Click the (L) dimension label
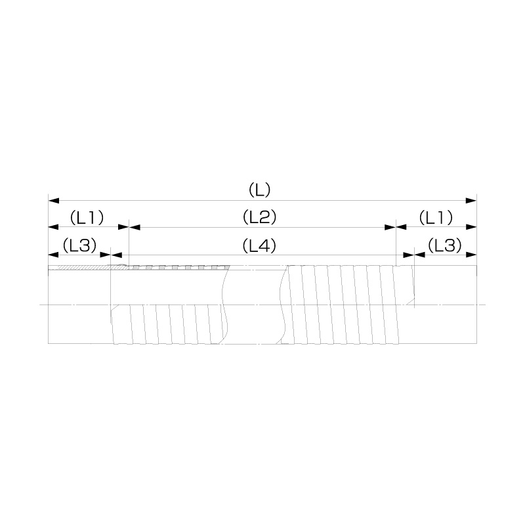point(259,190)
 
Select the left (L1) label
point(87,218)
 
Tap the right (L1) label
point(436,218)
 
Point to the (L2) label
point(259,218)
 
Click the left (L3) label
point(79,245)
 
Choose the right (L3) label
point(445,245)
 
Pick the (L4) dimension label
point(259,246)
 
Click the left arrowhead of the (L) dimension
point(54,201)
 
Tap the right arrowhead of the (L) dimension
point(471,201)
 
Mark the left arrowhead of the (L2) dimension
point(135,227)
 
